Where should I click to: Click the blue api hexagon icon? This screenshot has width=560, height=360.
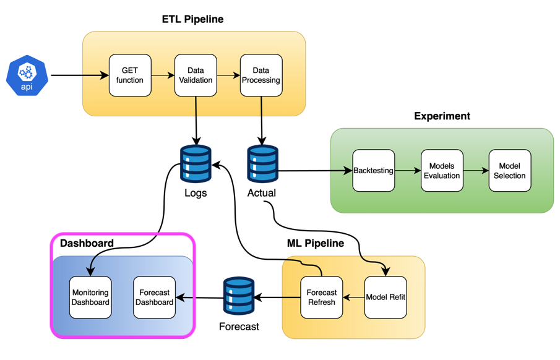[x=27, y=75]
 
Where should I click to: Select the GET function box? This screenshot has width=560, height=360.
[x=130, y=75]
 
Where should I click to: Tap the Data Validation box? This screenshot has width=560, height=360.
[x=196, y=75]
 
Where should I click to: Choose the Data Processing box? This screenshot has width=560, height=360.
[x=261, y=75]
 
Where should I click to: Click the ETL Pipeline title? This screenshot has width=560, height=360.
[x=192, y=19]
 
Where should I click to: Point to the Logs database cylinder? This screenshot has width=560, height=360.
[x=196, y=164]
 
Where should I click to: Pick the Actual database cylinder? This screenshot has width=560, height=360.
[x=262, y=164]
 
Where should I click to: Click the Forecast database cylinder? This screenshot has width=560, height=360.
[x=239, y=296]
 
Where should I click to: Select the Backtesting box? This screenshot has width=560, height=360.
[x=373, y=171]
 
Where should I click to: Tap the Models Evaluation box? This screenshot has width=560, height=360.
[x=442, y=171]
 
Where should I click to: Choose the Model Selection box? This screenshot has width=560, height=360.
[x=510, y=171]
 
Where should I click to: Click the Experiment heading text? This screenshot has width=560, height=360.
[x=442, y=116]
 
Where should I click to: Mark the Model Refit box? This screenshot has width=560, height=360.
[x=386, y=298]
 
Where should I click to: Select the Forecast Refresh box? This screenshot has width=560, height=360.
[x=322, y=298]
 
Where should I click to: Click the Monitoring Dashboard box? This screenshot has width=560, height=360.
[x=90, y=298]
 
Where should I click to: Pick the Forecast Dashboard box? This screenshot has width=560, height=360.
[x=154, y=298]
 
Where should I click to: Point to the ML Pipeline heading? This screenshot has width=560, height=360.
[x=315, y=243]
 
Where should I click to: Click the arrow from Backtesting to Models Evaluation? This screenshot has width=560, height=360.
[x=408, y=171]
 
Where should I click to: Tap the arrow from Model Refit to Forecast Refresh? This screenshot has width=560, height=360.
[x=353, y=298]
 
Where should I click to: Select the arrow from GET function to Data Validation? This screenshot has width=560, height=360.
[x=163, y=75]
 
